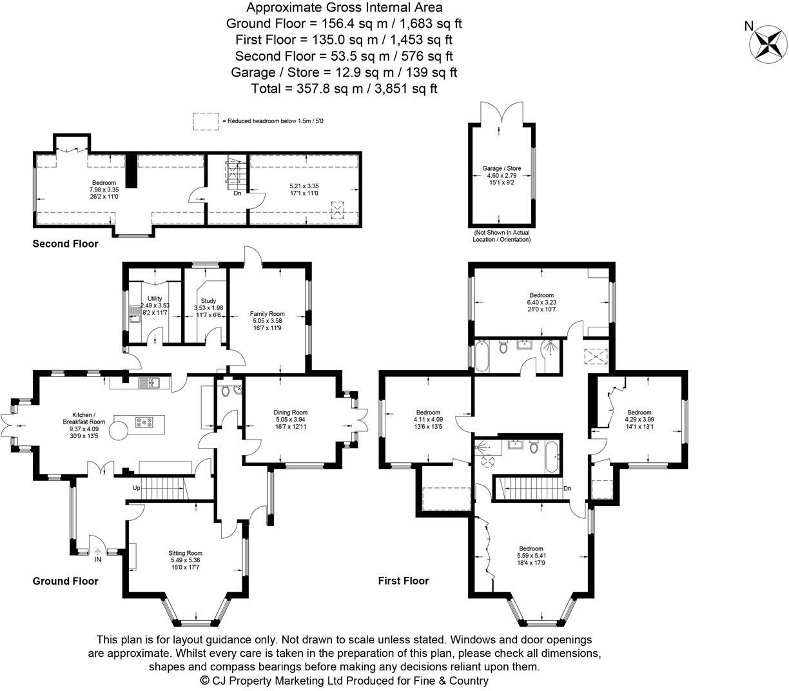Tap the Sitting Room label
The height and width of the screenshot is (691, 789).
(186, 553)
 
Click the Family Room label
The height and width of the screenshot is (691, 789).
(268, 314)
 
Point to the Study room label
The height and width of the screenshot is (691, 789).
(208, 300)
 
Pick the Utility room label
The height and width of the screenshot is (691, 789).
(155, 298)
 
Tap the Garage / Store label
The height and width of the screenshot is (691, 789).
(502, 168)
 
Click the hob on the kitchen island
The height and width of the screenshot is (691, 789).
(143, 423)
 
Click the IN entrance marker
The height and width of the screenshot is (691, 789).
(97, 560)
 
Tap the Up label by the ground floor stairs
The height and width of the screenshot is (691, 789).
(137, 488)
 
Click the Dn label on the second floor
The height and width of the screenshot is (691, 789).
(237, 193)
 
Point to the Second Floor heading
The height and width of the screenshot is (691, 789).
(66, 244)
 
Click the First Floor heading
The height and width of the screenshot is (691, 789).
(403, 581)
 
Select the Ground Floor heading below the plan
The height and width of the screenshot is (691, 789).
(66, 581)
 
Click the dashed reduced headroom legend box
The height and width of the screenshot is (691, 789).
(206, 121)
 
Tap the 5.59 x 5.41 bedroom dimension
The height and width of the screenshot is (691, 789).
(531, 556)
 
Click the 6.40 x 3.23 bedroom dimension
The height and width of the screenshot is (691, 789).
(542, 302)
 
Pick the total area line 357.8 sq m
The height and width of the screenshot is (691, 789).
(344, 88)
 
